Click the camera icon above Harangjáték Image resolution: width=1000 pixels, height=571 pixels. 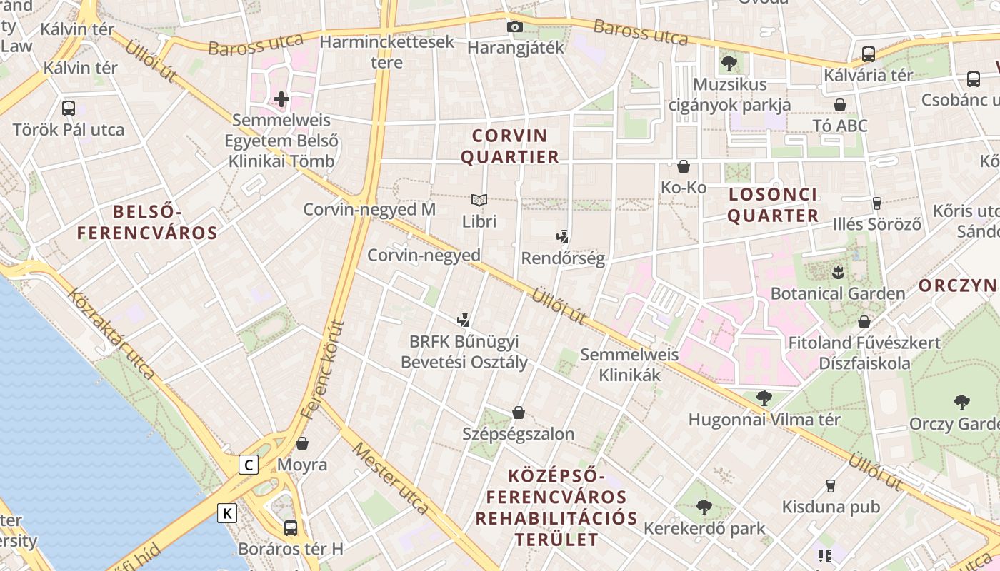click(514, 27)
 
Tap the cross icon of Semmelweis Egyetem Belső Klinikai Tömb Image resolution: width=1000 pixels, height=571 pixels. click(281, 99)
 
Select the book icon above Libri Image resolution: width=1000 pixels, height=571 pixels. click(479, 201)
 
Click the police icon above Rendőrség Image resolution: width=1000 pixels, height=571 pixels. click(563, 237)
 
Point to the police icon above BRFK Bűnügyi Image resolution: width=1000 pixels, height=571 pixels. click(464, 320)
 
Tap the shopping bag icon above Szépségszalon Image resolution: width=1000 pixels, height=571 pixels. click(519, 413)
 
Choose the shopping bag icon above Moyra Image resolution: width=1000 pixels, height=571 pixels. click(302, 443)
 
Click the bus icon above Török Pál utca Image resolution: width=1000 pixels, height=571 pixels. click(69, 108)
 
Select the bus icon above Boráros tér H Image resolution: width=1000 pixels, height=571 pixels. click(291, 528)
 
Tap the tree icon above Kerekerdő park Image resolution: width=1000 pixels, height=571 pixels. click(704, 507)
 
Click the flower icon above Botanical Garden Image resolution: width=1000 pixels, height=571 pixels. click(838, 272)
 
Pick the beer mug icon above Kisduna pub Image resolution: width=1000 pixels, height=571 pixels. click(830, 486)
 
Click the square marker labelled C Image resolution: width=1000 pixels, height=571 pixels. click(248, 465)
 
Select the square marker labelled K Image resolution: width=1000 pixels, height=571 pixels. click(227, 512)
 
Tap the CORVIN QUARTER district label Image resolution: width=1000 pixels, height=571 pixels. click(510, 146)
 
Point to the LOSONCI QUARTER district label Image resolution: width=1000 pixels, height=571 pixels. click(773, 205)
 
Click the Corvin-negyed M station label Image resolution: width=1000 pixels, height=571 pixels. click(369, 210)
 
